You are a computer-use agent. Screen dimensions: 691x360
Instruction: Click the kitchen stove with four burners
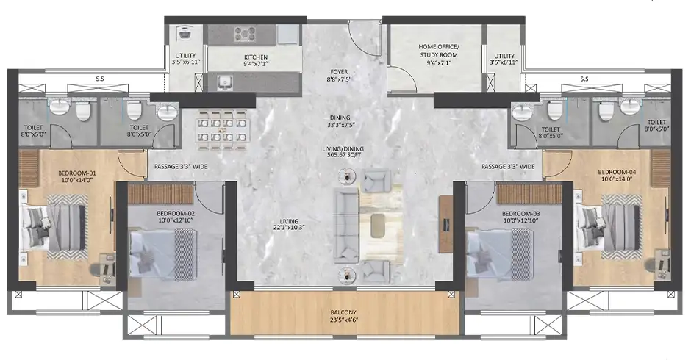tap(245, 35)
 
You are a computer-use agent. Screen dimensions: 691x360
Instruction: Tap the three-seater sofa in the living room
tap(346, 225)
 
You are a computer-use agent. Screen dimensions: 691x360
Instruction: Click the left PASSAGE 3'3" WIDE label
tap(181, 167)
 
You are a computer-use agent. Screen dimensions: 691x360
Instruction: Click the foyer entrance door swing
tap(364, 39)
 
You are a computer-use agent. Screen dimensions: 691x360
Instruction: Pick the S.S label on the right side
tap(584, 79)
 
